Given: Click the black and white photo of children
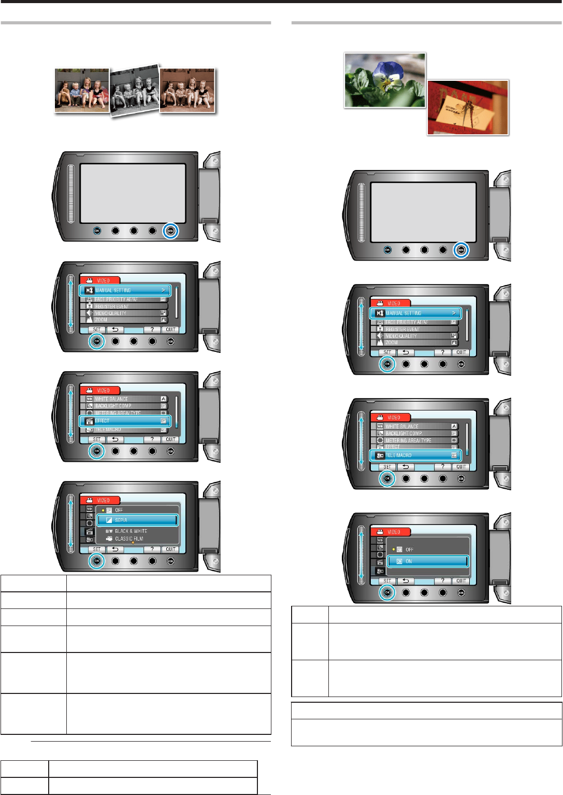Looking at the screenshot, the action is tap(135, 91).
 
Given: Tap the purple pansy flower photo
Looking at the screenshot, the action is tap(385, 80).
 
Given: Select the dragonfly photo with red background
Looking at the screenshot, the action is tap(468, 108).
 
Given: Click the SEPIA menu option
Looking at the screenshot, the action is tap(137, 520).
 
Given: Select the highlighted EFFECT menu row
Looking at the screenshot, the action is tap(125, 421).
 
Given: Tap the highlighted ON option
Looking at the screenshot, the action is tap(428, 561).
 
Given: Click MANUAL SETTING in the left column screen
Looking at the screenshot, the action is tap(125, 290).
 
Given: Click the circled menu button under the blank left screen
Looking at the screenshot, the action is tap(170, 231).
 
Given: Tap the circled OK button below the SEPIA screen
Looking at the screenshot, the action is tap(96, 561).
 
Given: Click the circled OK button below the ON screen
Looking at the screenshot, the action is tap(387, 592).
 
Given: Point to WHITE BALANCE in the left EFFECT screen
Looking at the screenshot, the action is tap(111, 399).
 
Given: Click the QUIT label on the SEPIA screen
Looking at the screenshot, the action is tap(170, 549).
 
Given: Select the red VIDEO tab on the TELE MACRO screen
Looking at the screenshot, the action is tap(391, 417).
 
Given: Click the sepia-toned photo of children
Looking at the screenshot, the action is tap(187, 90).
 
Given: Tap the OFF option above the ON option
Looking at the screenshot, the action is tap(409, 549).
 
